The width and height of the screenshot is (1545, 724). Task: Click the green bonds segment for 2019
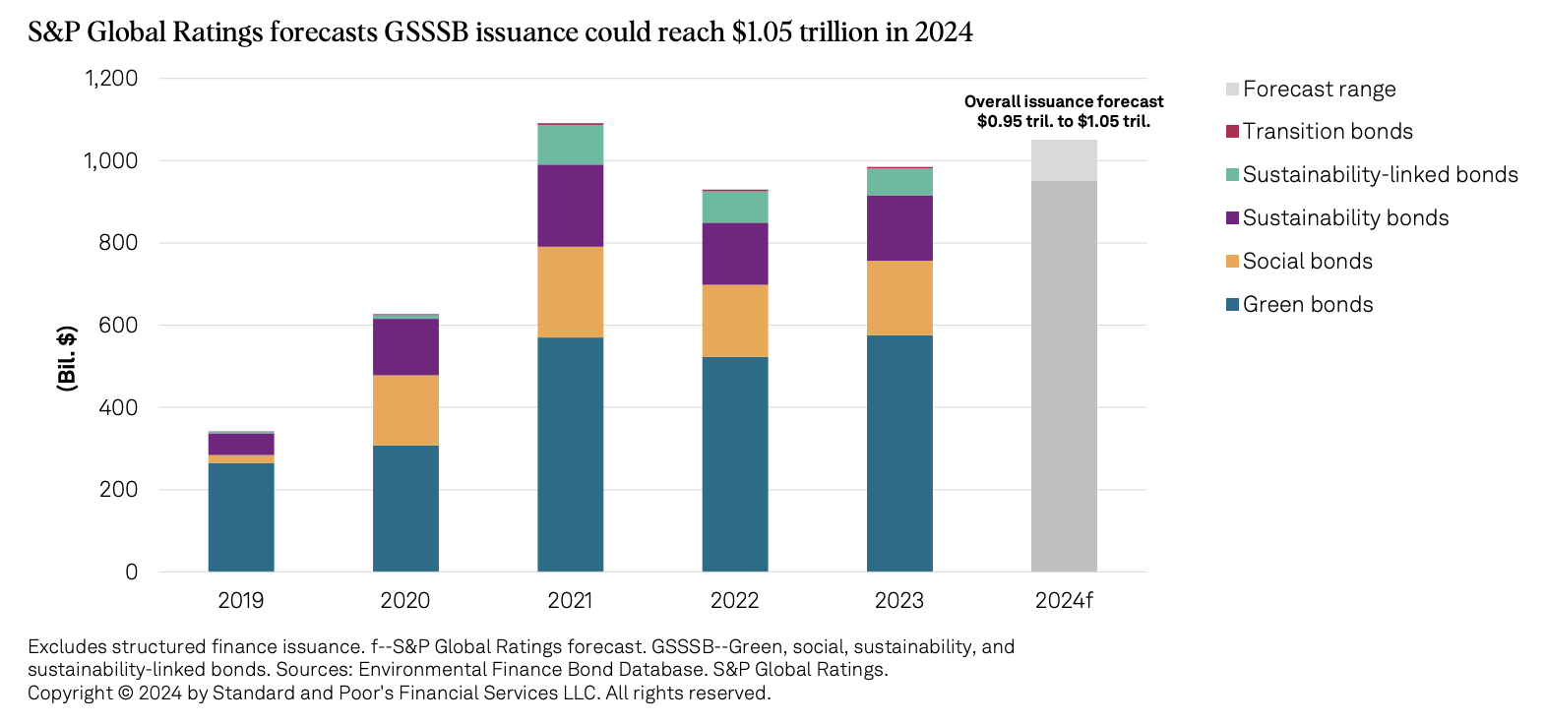pos(241,516)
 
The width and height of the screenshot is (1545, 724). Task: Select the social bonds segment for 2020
pos(405,410)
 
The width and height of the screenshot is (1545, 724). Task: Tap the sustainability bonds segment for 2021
pos(570,206)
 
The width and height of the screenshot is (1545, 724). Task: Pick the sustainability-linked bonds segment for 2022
pos(735,207)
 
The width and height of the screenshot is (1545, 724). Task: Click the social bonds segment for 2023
pos(899,298)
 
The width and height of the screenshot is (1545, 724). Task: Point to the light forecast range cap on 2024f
pos(1064,160)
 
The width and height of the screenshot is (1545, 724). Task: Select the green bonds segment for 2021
pos(570,453)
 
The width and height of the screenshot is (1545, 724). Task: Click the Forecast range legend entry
pos(1319,90)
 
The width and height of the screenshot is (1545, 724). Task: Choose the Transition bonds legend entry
pos(1327,132)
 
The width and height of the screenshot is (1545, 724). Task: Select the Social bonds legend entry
pos(1307,262)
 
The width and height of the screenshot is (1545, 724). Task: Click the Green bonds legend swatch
pos(1232,305)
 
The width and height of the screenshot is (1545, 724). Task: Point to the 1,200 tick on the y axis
pos(111,79)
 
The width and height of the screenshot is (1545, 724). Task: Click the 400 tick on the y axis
pos(118,407)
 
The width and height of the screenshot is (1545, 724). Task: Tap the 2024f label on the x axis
pos(1064,601)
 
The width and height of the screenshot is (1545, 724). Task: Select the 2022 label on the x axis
pos(735,601)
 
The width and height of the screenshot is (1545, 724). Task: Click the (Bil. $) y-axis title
pos(67,358)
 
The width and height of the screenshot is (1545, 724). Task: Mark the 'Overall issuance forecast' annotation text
pos(1064,102)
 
